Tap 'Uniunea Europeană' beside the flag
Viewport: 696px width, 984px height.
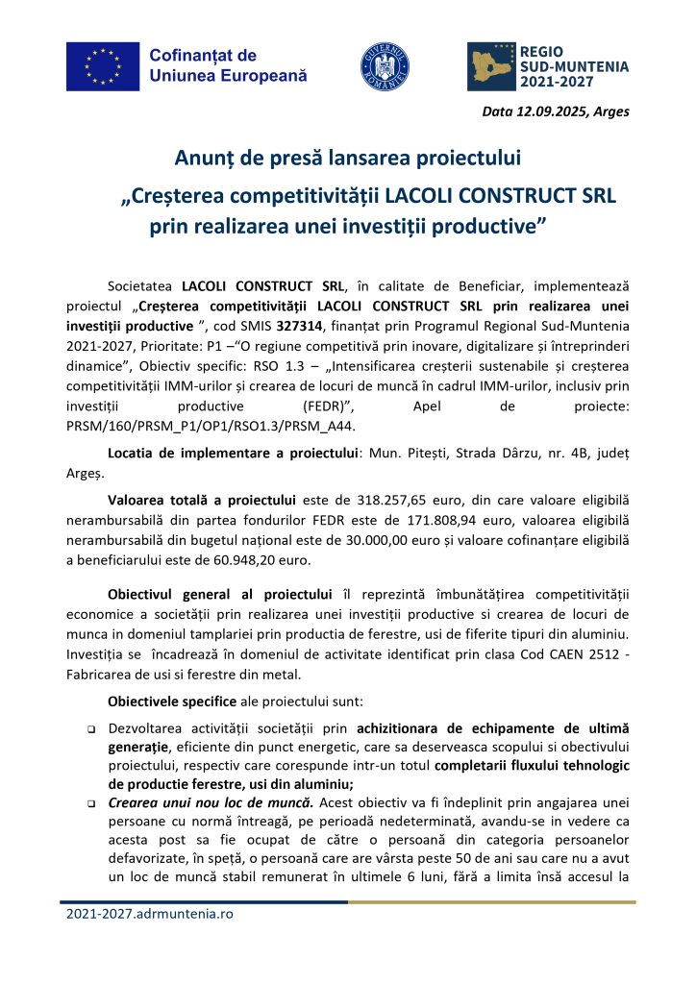click(228, 74)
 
